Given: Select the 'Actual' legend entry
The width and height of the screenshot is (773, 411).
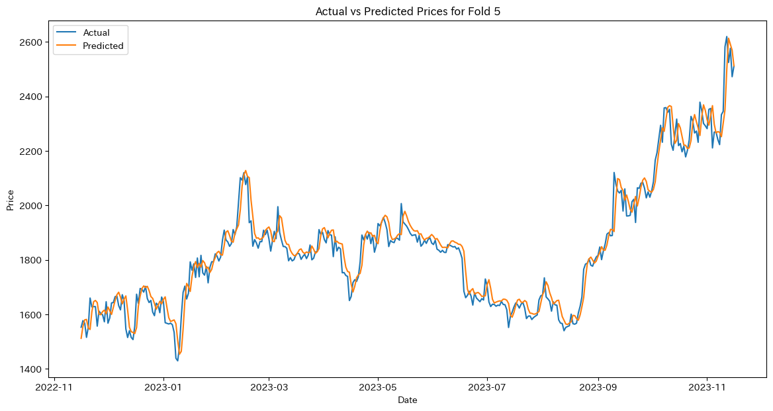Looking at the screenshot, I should [96, 32].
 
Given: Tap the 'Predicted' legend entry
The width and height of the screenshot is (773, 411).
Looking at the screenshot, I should [103, 46].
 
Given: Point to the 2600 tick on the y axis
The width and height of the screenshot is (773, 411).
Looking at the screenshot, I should [32, 42].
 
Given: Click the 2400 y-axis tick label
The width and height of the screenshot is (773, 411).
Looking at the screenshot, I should [32, 97].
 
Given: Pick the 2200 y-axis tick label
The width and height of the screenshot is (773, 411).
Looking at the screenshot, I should [32, 152].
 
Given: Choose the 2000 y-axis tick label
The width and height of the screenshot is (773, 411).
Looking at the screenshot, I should [32, 206].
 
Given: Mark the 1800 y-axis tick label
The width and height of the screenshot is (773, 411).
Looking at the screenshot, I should [32, 260].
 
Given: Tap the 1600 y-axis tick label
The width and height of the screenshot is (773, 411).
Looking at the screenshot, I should [32, 315].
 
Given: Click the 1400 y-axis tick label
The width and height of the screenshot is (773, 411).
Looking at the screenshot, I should [32, 369].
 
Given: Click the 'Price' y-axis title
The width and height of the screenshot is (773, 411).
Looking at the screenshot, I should [10, 199].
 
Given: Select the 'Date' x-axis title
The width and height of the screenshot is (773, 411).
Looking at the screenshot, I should [408, 400].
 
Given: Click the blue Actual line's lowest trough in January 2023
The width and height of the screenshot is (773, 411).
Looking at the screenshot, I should [177, 361].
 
